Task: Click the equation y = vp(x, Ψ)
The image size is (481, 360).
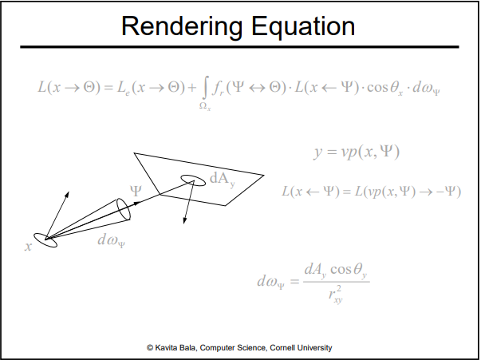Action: (356, 152)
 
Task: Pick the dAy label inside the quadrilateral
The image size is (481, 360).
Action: (223, 180)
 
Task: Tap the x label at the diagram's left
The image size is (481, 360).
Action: (29, 247)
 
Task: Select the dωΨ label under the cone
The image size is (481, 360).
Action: (111, 239)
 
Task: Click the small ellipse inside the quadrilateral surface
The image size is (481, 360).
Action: (193, 180)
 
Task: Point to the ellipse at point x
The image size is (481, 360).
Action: (45, 239)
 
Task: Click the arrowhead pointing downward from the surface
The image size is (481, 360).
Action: (185, 221)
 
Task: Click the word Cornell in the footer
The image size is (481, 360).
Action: (286, 348)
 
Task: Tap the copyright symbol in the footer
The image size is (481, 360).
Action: (150, 348)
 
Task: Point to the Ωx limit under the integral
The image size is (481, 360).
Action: (205, 106)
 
